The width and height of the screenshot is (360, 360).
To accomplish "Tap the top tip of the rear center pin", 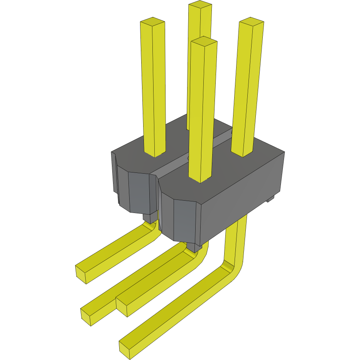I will tap(200, 5).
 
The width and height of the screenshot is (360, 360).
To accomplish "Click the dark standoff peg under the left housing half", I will tap(149, 218).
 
